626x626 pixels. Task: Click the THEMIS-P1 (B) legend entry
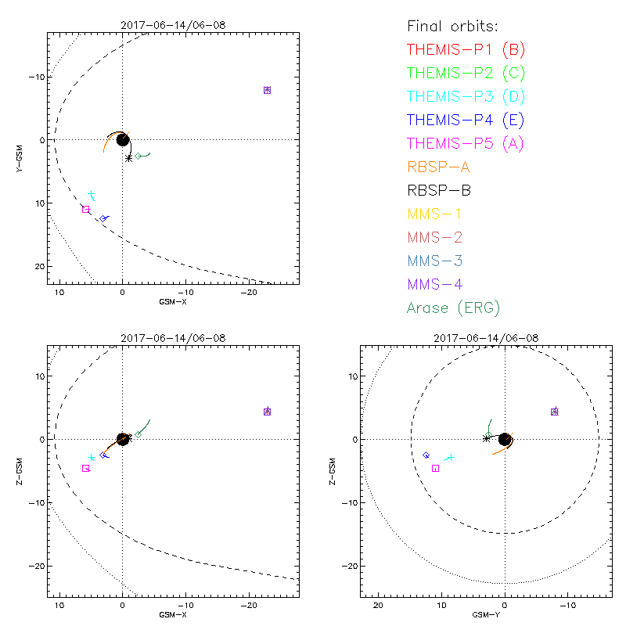[466, 50]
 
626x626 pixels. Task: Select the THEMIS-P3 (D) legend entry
[466, 97]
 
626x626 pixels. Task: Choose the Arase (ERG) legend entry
[453, 308]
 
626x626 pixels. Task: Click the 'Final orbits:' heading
[453, 27]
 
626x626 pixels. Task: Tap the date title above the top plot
[173, 25]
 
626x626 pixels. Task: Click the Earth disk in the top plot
[123, 139]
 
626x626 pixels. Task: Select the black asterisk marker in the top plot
[129, 158]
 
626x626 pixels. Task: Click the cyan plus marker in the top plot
[92, 194]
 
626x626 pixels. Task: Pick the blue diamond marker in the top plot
[103, 218]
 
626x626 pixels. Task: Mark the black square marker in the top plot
[86, 209]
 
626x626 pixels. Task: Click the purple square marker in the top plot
[267, 90]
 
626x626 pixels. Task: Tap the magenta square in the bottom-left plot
[85, 468]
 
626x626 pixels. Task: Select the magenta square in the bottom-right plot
[435, 468]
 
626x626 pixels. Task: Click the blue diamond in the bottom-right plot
[426, 455]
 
